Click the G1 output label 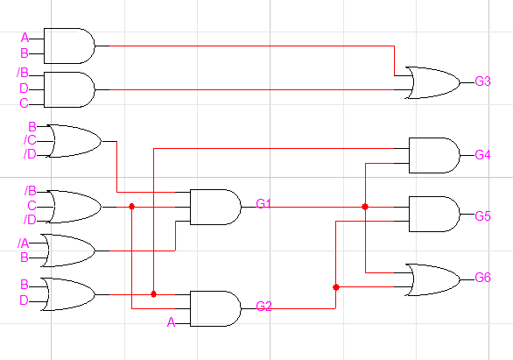click(264, 204)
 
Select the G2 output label click(264, 307)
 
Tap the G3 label click(482, 81)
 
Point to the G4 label click(482, 155)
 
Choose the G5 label click(482, 215)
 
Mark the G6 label click(482, 278)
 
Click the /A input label click(24, 243)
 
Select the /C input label click(30, 140)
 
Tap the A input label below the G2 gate click(172, 322)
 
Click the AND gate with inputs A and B click(68, 46)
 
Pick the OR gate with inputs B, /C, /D click(74, 140)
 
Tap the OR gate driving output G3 click(432, 81)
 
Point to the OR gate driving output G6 click(432, 279)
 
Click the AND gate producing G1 click(214, 207)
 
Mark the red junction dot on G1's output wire click(365, 207)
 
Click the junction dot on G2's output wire click(336, 286)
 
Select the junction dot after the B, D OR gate click(153, 294)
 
